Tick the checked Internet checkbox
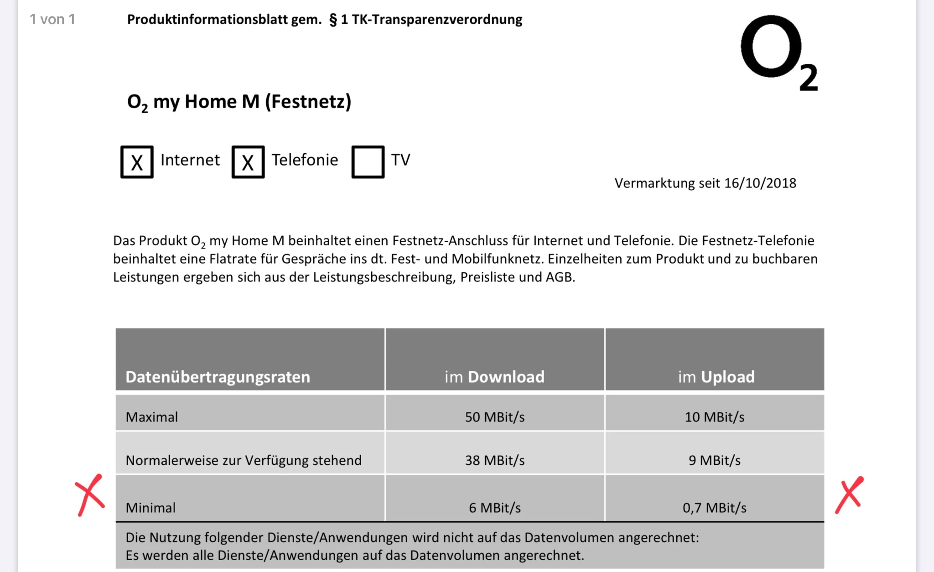137,162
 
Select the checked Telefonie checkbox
248,162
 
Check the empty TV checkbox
368,162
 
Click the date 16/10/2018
760,183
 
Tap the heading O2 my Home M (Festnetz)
239,102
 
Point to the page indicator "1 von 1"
52,20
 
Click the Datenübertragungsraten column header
218,377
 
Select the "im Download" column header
494,377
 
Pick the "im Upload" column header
716,377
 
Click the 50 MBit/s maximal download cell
494,417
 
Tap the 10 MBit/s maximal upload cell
714,417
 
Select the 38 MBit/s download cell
494,460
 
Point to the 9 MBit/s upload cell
714,460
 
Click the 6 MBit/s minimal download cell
494,508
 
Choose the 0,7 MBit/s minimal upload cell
714,508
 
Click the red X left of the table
90,495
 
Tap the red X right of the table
849,495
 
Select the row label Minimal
150,508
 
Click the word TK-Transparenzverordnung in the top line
437,20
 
